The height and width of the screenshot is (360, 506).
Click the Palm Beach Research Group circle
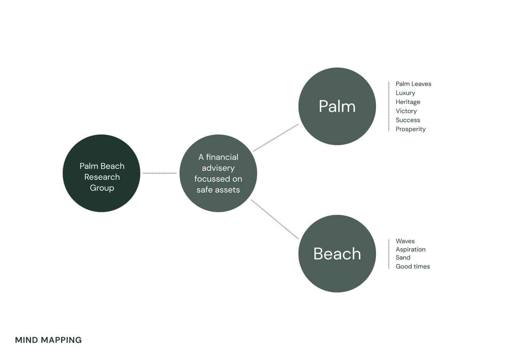(101, 173)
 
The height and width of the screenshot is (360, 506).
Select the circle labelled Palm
(337, 106)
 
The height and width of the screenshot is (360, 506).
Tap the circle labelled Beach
(337, 254)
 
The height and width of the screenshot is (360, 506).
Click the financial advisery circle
(218, 173)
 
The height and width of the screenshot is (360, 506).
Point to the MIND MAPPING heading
(48, 340)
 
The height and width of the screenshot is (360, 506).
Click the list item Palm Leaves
(413, 84)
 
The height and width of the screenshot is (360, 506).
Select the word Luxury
(405, 93)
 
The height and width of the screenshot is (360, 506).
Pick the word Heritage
(408, 102)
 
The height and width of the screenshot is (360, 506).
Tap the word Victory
(406, 111)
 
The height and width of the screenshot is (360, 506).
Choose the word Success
(408, 120)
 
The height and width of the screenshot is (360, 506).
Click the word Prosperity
(410, 129)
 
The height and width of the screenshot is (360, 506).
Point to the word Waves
(405, 241)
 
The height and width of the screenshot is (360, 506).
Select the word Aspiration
(410, 249)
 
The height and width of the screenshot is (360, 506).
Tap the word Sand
(403, 257)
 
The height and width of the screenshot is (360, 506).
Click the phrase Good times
(413, 266)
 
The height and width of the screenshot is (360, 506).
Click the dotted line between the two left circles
(160, 173)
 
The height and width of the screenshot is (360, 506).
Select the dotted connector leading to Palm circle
(276, 137)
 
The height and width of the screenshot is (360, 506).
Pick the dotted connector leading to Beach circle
(275, 219)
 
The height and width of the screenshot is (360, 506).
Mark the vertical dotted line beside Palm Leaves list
(389, 106)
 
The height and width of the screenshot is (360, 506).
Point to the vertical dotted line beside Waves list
(389, 254)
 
